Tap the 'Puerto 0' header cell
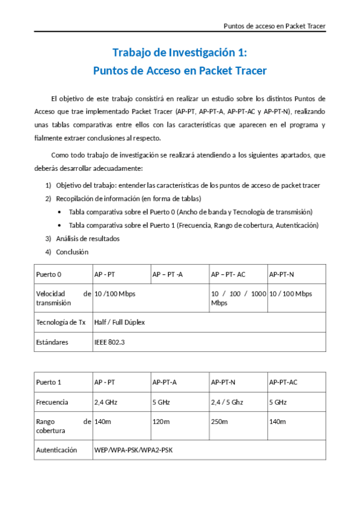(49, 274)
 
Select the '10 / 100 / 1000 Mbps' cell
(238, 298)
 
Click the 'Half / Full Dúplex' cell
(120, 322)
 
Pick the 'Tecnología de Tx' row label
(61, 322)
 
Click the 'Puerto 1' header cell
(49, 382)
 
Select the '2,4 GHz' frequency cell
(106, 402)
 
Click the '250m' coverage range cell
(219, 422)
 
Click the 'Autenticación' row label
(56, 449)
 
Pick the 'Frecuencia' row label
(52, 402)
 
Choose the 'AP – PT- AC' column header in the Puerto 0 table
(228, 274)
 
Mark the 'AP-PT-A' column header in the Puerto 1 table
(165, 382)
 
